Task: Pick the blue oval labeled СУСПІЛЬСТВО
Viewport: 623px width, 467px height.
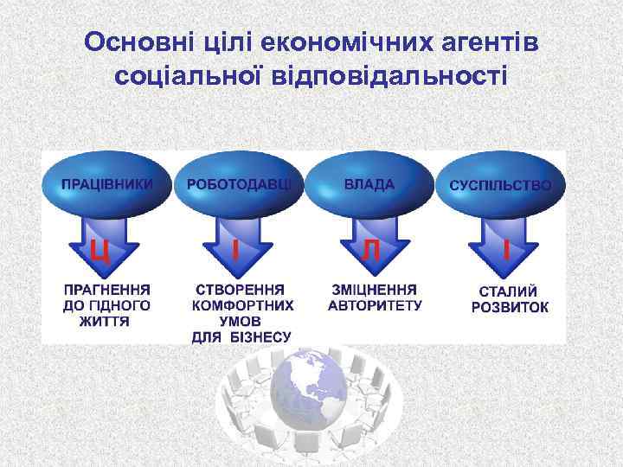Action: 500,185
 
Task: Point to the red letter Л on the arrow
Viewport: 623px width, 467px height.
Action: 370,250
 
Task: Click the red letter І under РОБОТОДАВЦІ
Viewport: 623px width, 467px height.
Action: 235,250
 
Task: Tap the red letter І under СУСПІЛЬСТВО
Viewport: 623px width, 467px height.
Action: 505,250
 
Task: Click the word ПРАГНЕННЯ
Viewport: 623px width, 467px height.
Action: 106,289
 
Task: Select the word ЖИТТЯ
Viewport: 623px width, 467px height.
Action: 106,321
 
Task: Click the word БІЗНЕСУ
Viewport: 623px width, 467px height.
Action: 260,336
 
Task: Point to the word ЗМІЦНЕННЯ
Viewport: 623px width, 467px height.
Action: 374,289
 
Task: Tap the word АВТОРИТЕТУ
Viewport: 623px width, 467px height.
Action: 375,305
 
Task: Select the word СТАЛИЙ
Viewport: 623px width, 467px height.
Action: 509,291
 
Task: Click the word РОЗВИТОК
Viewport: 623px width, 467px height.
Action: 510,308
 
